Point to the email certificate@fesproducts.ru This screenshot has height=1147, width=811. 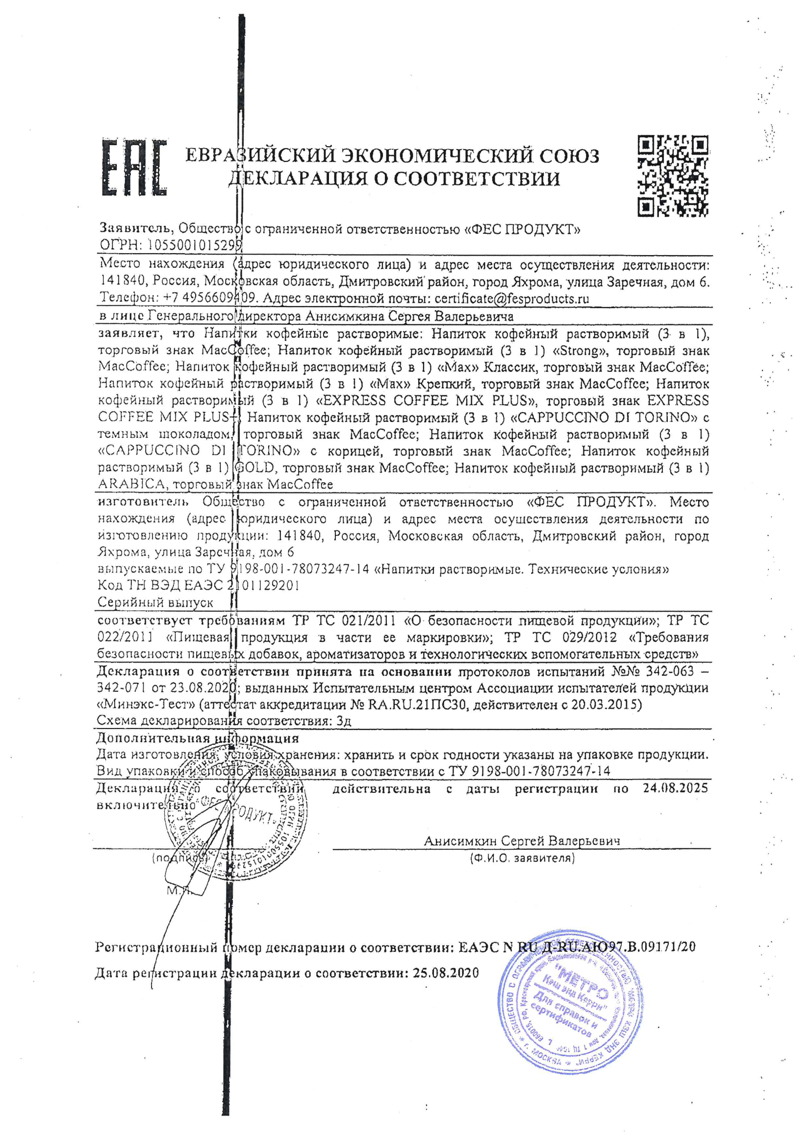point(511,299)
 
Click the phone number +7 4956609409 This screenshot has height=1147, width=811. point(210,298)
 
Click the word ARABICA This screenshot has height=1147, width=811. point(131,484)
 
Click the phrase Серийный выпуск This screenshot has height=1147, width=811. point(155,602)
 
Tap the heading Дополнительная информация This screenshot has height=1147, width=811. point(197,738)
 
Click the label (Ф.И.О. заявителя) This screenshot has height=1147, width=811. point(522,858)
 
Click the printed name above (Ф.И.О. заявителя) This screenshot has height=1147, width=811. point(522,841)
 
